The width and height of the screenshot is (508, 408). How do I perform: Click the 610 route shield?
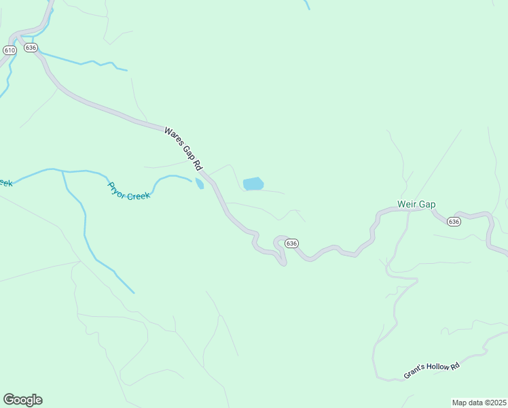point(9,50)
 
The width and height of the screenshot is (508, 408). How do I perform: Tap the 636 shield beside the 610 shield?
point(31,48)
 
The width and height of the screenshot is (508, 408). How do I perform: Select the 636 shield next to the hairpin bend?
point(291,243)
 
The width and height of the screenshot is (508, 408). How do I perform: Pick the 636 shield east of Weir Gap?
point(454,222)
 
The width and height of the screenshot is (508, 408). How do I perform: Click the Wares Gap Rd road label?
point(183,148)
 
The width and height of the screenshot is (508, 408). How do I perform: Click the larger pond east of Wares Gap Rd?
point(253,184)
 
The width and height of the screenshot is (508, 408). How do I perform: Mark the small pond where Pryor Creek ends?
point(199,184)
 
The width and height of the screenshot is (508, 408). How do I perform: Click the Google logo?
point(22,400)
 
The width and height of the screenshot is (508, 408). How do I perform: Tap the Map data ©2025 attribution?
point(479,402)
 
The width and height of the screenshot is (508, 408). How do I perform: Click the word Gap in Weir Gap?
point(427,204)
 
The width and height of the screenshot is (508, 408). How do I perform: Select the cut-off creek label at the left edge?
point(5,182)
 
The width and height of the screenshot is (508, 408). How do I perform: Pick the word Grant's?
point(414,375)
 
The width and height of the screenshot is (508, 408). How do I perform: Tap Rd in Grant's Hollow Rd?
point(455,366)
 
